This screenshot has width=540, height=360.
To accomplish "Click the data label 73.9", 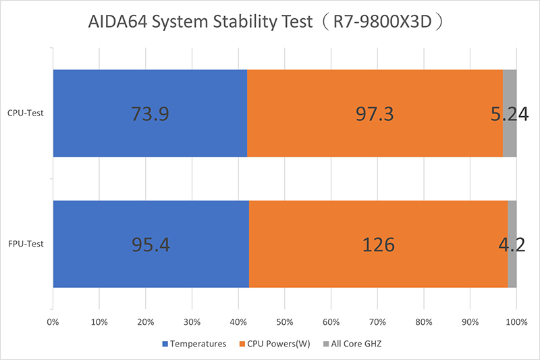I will tap(149, 113).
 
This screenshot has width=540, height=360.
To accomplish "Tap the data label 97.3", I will tap(375, 113).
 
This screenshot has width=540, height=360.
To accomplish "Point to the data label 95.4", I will tap(151, 244).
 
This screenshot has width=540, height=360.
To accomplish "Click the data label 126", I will tap(377, 244).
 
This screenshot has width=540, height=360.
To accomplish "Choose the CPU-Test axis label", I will tap(26, 113).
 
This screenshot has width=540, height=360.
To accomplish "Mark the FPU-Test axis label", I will tap(26, 244).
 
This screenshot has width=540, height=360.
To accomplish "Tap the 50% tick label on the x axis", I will tap(285, 322).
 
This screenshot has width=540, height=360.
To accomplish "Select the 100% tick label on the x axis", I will tap(516, 322).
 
